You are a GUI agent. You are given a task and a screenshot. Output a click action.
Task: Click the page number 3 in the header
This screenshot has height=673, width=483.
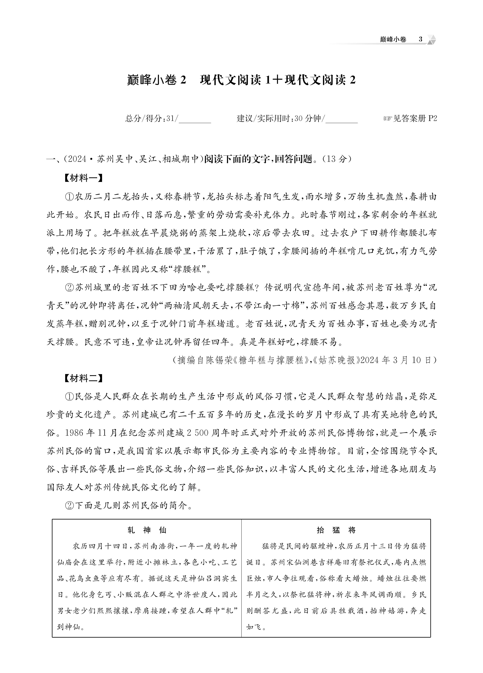tap(420, 39)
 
